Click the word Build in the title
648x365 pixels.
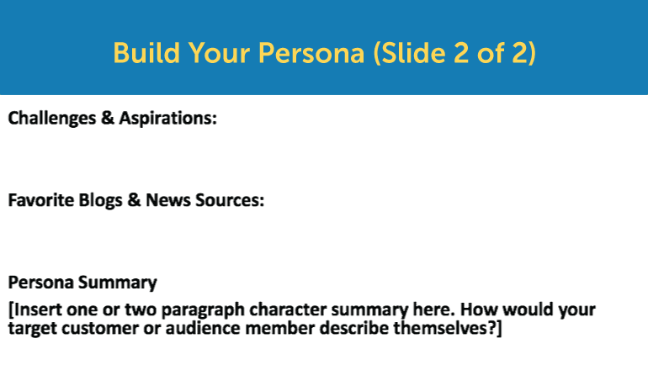146,53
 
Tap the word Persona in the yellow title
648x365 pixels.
311,53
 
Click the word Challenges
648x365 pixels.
52,119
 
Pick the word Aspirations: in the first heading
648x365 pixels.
167,119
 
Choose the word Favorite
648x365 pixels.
40,200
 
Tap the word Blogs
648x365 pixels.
100,201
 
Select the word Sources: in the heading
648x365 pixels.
230,200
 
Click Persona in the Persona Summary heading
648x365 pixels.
40,283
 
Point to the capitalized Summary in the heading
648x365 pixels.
117,283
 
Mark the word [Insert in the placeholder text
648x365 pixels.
35,309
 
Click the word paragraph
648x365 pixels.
203,310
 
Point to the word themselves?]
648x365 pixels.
448,329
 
